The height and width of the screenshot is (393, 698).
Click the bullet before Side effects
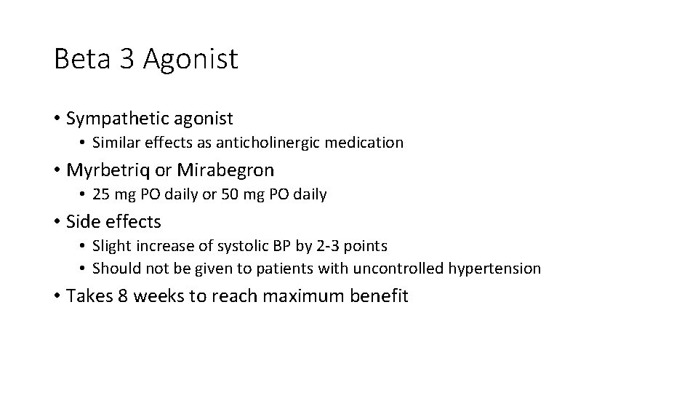pyautogui.click(x=57, y=221)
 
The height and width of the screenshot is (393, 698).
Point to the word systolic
pyautogui.click(x=240, y=245)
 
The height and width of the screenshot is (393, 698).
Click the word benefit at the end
pyautogui.click(x=380, y=296)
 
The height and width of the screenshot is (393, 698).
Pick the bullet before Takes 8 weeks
pyautogui.click(x=57, y=296)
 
